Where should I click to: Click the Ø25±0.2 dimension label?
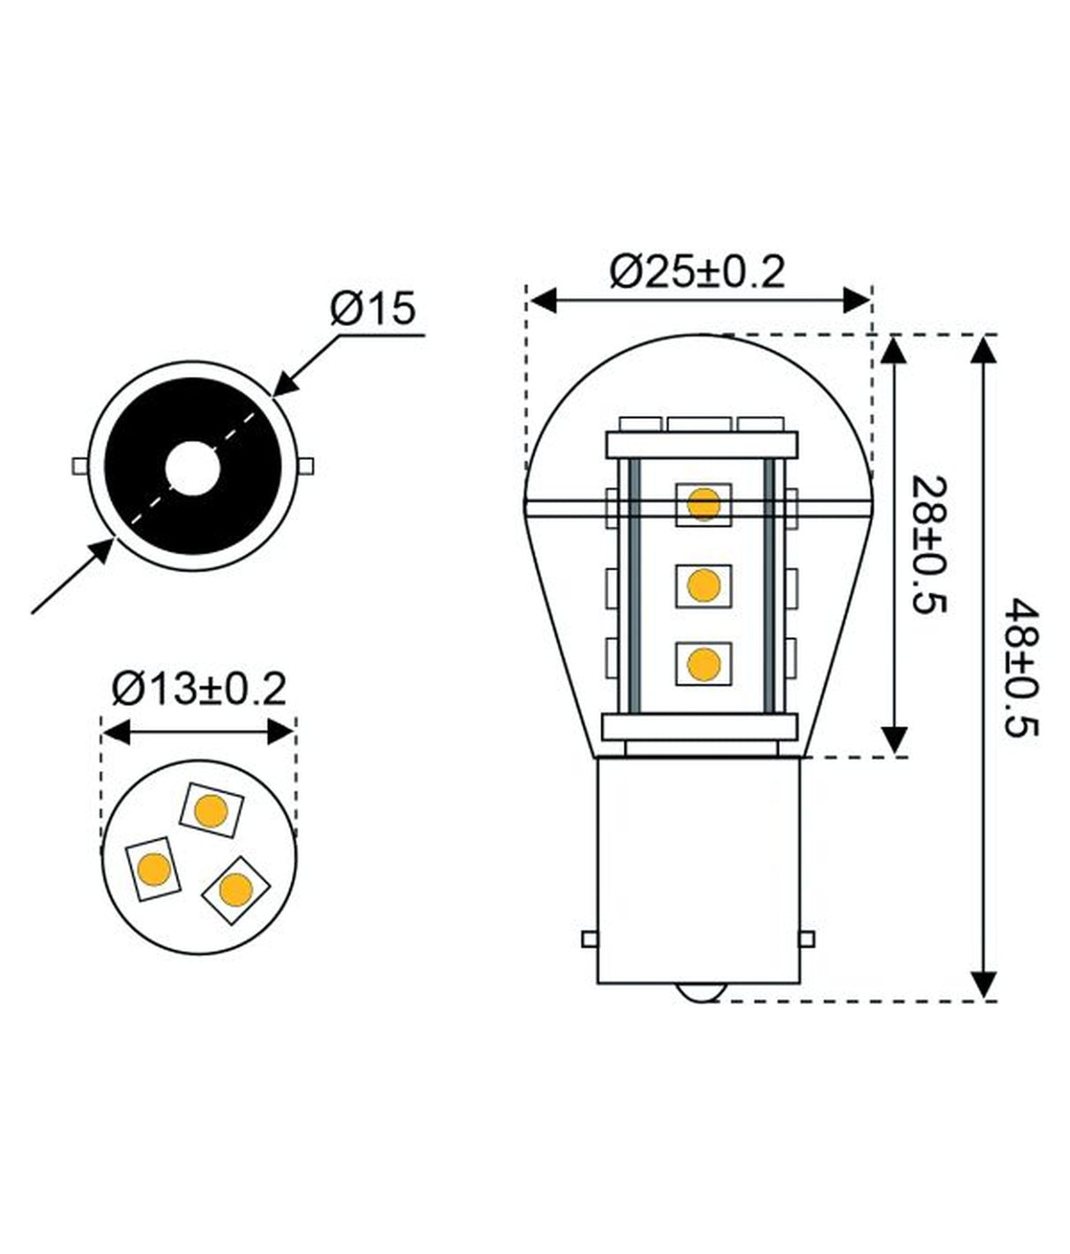click(x=696, y=271)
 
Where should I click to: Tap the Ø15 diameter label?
click(x=373, y=309)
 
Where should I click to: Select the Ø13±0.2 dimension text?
click(x=199, y=688)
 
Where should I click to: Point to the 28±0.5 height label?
click(x=928, y=546)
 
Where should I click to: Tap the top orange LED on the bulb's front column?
click(x=703, y=505)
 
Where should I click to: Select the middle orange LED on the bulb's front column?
click(x=703, y=584)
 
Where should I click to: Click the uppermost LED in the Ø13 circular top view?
click(x=211, y=810)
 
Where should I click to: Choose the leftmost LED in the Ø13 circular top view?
click(x=153, y=868)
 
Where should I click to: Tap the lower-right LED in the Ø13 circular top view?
click(x=235, y=889)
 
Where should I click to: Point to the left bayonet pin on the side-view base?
click(x=589, y=939)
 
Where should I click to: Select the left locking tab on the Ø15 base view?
click(x=78, y=464)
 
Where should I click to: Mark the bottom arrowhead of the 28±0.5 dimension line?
click(x=895, y=740)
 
